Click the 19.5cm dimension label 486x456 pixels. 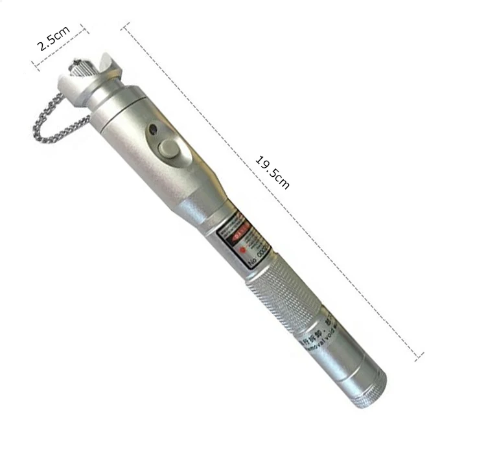[x=273, y=172]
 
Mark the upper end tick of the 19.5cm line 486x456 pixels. [x=125, y=27]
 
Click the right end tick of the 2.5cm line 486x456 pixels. [x=83, y=28]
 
